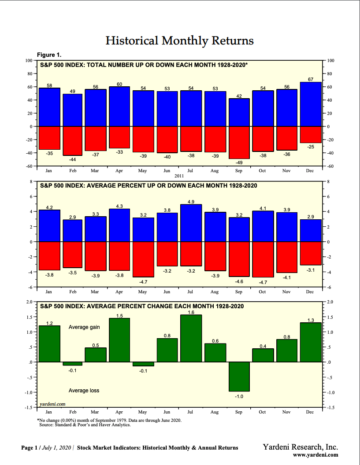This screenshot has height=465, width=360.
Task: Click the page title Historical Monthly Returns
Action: coord(180,41)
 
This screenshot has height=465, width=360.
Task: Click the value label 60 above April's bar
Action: coord(119,84)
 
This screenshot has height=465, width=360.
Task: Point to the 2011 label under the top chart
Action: coord(179,175)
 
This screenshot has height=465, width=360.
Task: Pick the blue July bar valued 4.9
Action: coord(191,223)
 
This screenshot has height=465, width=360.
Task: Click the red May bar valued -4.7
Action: coord(143,259)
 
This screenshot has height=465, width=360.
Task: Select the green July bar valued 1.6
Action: coord(191,338)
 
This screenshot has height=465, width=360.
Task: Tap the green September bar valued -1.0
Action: coord(239,376)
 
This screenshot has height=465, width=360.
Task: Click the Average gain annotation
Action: coord(84,327)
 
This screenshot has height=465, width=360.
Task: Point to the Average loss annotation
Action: coord(84,391)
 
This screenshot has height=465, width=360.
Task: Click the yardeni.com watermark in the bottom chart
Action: coord(52,403)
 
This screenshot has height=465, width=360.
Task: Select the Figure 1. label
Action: coord(49,55)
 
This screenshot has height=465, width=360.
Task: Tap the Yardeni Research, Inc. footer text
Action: coord(301,447)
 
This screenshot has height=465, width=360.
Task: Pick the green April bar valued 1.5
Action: coord(119,340)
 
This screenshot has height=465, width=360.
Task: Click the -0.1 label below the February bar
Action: coord(72,371)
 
